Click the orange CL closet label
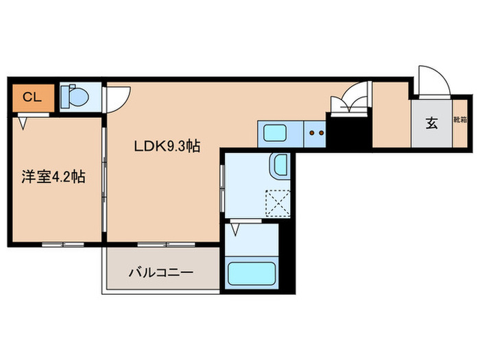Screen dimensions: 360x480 (x=31, y=97)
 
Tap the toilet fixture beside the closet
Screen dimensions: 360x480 (x=75, y=96)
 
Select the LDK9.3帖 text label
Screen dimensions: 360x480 (x=167, y=145)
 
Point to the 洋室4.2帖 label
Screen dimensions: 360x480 (x=53, y=177)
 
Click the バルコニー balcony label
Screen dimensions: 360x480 (x=161, y=272)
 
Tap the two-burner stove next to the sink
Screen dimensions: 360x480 (x=315, y=131)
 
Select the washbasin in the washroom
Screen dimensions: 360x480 (x=281, y=165)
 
